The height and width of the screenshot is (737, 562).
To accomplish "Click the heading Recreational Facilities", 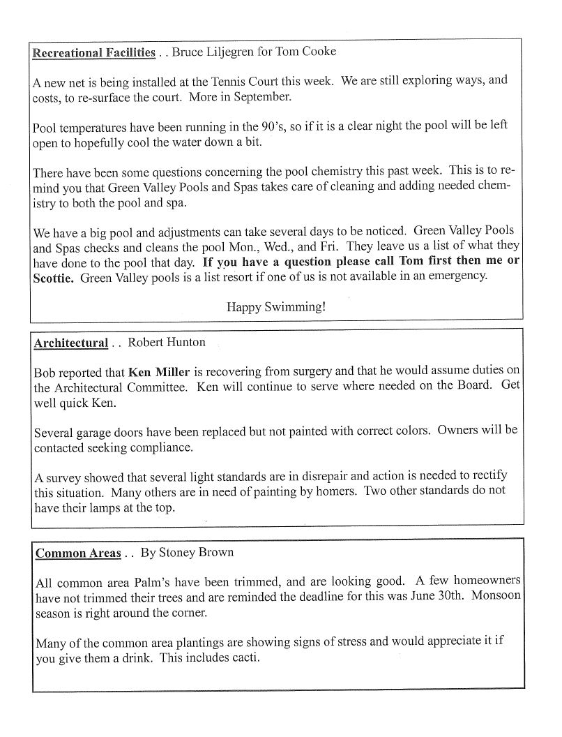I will pyautogui.click(x=94, y=52).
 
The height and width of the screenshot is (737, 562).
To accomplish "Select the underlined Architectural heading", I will pyautogui.click(x=70, y=343).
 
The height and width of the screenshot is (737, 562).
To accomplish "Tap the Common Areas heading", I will pyautogui.click(x=78, y=553).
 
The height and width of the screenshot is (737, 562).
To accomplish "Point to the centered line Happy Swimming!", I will pyautogui.click(x=276, y=306).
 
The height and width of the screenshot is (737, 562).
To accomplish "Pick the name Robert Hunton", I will pyautogui.click(x=167, y=342).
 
